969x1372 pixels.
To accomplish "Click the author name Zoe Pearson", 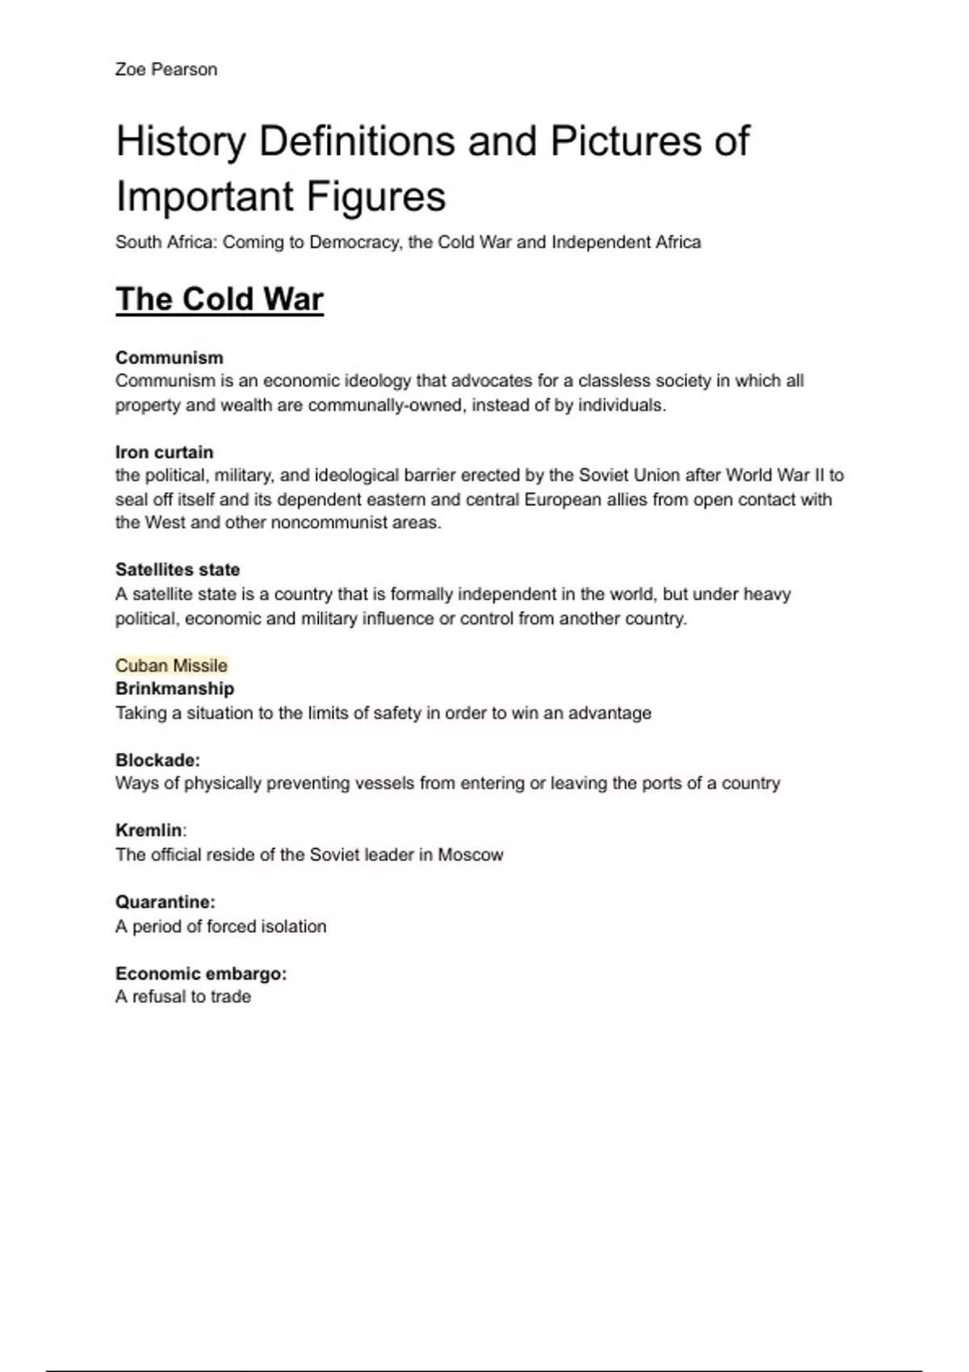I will [x=166, y=69].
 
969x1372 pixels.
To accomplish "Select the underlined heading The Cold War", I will [x=220, y=299].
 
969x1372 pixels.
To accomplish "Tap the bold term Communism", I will [x=170, y=358].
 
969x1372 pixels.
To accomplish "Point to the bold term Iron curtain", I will [x=165, y=452].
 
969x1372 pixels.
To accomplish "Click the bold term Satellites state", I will [x=178, y=570].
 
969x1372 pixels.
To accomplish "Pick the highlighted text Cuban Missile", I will [x=171, y=666].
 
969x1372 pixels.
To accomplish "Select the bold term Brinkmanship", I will [x=174, y=688].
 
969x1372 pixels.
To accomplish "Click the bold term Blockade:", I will [x=157, y=760].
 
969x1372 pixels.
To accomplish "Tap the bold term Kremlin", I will [x=149, y=830].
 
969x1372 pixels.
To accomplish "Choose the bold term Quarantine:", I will [x=166, y=902].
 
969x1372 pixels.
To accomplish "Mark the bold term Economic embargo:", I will [x=201, y=974].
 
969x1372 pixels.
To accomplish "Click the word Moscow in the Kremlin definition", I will [x=471, y=855].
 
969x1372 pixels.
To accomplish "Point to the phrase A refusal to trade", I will [x=183, y=997].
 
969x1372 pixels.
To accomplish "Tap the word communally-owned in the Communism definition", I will [x=386, y=405].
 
